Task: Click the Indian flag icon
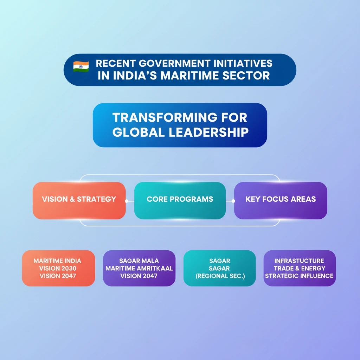pyautogui.click(x=81, y=66)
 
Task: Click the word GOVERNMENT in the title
pyautogui.click(x=174, y=63)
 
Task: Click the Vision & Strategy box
pyautogui.click(x=79, y=200)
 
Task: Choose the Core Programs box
pyautogui.click(x=180, y=200)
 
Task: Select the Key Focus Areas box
pyautogui.click(x=281, y=200)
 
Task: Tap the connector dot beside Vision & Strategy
pyautogui.click(x=127, y=201)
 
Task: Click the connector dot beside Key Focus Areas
pyautogui.click(x=233, y=201)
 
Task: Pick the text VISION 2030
pyautogui.click(x=58, y=268)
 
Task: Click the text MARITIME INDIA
pyautogui.click(x=57, y=261)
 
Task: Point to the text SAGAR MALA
pyautogui.click(x=139, y=261)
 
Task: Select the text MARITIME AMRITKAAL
pyautogui.click(x=139, y=268)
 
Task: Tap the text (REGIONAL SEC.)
pyautogui.click(x=220, y=276)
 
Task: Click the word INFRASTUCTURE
pyautogui.click(x=299, y=261)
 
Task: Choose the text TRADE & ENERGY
pyautogui.click(x=300, y=268)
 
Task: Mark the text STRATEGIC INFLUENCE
pyautogui.click(x=299, y=276)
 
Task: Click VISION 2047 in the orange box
pyautogui.click(x=58, y=276)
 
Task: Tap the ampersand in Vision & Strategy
pyautogui.click(x=72, y=199)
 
